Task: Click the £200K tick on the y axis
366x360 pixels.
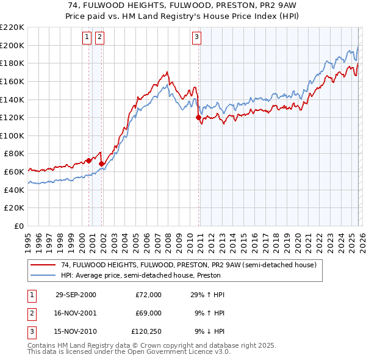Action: tap(13, 45)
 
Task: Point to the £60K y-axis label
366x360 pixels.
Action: tap(15, 172)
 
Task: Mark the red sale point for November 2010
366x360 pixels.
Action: tap(198, 117)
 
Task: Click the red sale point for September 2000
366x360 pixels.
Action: tap(89, 161)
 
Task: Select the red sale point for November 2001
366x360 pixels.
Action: tap(101, 164)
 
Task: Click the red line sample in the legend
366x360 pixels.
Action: tap(42, 265)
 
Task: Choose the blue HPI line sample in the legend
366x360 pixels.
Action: tap(42, 275)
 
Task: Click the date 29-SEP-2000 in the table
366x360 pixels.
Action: tap(76, 295)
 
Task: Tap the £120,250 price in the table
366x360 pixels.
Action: tap(146, 333)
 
